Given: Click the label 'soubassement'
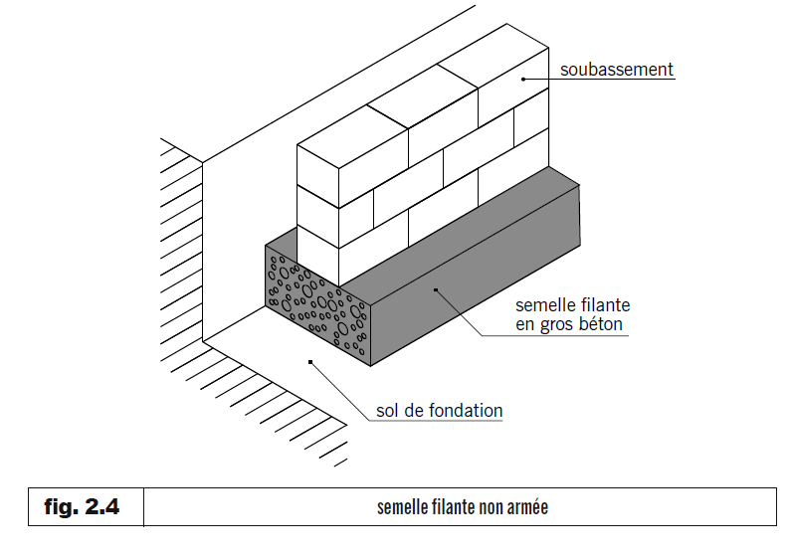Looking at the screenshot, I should [617, 70].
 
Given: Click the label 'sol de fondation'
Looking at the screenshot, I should [440, 410].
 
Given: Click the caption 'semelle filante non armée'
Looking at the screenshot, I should [463, 507].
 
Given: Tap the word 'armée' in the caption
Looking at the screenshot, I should [527, 507].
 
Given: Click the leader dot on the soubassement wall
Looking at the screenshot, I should [523, 79].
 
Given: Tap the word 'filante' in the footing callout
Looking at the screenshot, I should [603, 304].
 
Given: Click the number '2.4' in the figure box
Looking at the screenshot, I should [103, 507].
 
